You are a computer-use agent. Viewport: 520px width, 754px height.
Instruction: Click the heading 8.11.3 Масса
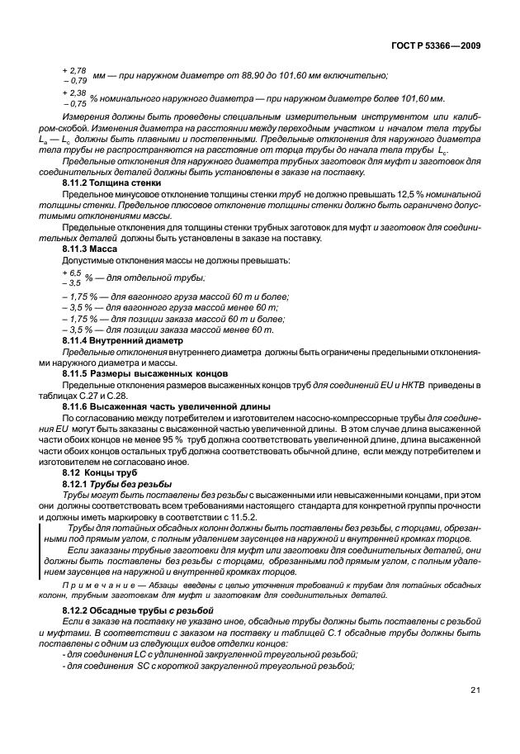90,249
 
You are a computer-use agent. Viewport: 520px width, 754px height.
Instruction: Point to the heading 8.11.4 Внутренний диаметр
116,340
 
